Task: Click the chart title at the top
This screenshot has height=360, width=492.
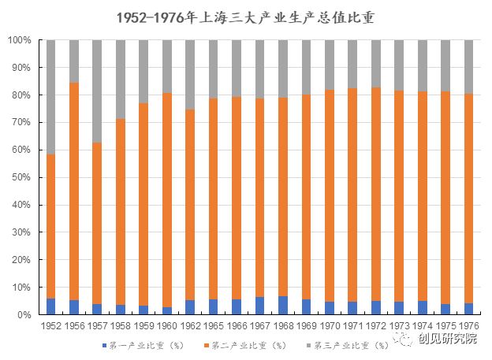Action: pyautogui.click(x=245, y=17)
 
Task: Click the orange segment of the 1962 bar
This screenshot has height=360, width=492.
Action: pyautogui.click(x=190, y=205)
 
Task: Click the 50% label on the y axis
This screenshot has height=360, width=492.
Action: pyautogui.click(x=21, y=177)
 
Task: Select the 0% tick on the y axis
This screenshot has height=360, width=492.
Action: pyautogui.click(x=24, y=315)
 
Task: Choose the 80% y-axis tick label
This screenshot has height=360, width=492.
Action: pyautogui.click(x=21, y=95)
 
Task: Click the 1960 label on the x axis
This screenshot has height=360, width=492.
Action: pyautogui.click(x=166, y=325)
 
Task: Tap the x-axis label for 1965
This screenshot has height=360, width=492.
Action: pyautogui.click(x=213, y=325)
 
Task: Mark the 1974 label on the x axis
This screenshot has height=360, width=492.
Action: pyautogui.click(x=423, y=325)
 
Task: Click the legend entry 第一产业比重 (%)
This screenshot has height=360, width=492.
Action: pyautogui.click(x=143, y=345)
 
